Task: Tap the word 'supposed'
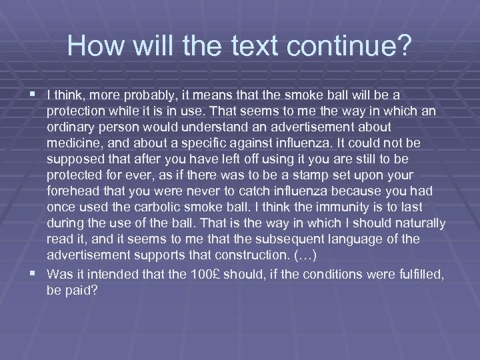pos(75,159)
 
